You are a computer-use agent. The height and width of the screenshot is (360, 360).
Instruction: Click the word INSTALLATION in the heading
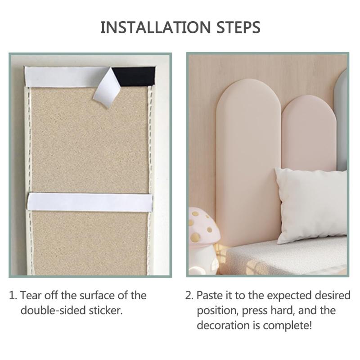tap(156, 27)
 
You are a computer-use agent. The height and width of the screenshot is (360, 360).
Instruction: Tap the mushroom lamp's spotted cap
tap(203, 226)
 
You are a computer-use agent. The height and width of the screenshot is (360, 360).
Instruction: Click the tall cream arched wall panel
tap(249, 161)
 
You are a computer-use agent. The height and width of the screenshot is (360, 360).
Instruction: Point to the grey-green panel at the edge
tap(341, 119)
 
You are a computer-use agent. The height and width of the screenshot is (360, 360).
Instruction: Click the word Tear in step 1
tap(31, 295)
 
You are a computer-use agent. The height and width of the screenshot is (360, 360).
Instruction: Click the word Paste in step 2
tap(210, 296)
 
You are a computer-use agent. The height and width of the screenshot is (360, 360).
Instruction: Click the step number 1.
tap(13, 296)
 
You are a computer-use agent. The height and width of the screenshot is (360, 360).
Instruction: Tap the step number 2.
tap(189, 296)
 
